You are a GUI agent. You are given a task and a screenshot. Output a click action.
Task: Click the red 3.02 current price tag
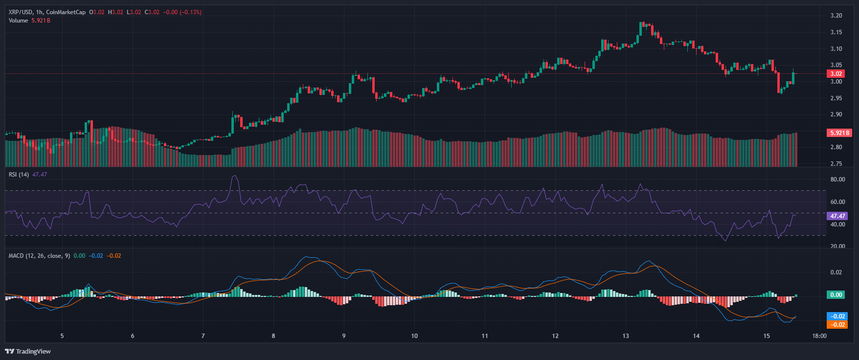point(836,74)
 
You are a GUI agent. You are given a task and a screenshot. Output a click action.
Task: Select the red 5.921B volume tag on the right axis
point(839,133)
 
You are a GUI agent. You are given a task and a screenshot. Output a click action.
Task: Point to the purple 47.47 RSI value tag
point(837,216)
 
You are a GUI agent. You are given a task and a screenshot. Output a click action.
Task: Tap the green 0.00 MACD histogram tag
point(836,294)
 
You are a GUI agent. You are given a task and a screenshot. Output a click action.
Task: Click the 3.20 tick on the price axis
point(836,16)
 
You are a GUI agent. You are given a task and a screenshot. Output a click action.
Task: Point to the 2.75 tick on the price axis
point(836,164)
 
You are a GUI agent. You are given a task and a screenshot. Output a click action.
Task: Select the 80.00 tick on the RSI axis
point(837,180)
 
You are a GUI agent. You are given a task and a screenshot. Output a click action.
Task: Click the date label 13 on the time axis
point(626,336)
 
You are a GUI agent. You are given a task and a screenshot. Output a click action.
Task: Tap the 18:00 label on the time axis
point(819,336)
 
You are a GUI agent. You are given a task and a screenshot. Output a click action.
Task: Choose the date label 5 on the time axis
point(62,336)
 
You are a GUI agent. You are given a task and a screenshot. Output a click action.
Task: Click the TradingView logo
point(28,351)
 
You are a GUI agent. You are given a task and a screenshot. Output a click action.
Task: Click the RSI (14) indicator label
point(19,175)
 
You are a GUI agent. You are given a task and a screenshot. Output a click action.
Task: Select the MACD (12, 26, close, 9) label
point(39,256)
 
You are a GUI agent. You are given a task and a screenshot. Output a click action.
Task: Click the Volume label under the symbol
point(18,21)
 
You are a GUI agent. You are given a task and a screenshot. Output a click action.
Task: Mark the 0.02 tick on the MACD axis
point(836,272)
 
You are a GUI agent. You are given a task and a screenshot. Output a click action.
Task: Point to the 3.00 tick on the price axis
point(836,82)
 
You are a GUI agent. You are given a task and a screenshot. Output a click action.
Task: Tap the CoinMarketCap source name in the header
point(66,12)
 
